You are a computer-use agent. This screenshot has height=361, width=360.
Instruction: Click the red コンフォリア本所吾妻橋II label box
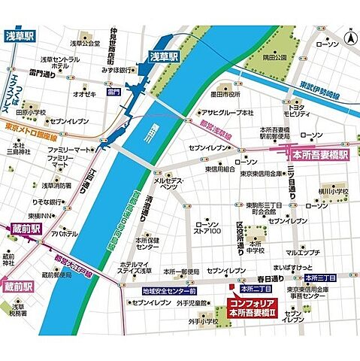click(x=256, y=308)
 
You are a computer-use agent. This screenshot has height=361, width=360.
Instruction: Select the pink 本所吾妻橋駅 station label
click(x=319, y=156)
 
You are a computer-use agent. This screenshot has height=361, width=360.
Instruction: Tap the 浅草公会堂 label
click(x=85, y=43)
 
